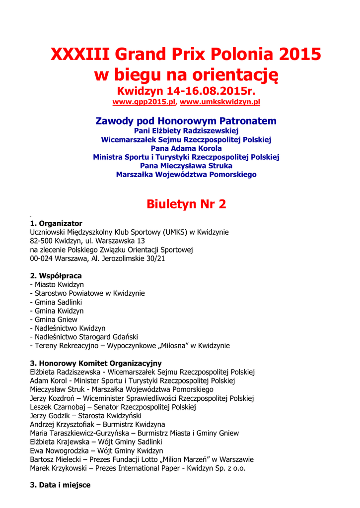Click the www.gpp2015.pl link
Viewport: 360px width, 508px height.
point(144,102)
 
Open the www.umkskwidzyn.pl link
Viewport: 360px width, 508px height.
point(220,102)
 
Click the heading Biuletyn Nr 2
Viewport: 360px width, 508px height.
point(186,204)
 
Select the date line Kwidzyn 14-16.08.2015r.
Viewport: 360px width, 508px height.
point(186,91)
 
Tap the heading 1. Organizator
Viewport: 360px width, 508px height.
point(56,223)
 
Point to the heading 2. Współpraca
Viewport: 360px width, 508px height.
point(56,276)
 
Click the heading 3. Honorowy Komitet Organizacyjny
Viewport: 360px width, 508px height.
point(96,363)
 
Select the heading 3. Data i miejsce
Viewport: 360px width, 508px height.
point(60,485)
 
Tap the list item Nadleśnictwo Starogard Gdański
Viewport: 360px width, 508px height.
point(83,337)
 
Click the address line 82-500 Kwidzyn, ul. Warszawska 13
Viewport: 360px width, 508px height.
point(87,241)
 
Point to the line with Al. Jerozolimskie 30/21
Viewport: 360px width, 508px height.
point(97,258)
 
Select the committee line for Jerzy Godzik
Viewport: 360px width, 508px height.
point(85,416)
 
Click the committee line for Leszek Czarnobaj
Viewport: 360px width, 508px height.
point(113,407)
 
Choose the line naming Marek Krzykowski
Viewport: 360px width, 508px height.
point(138,468)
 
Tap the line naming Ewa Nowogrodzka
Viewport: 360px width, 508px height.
point(96,450)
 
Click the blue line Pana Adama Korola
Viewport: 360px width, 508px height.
point(186,148)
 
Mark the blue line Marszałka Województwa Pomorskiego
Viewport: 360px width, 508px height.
point(186,175)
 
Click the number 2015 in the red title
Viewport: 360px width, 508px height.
point(299,54)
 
